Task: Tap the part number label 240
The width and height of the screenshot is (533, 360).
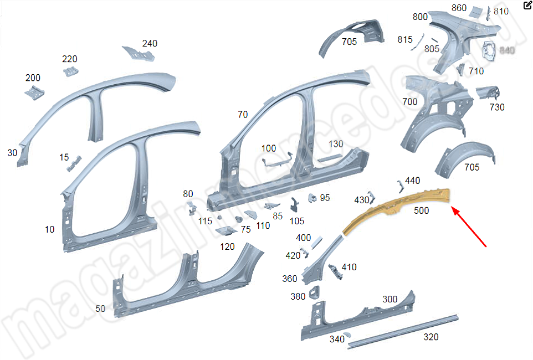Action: [x=150, y=44]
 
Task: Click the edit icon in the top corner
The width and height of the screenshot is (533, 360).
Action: [x=527, y=6]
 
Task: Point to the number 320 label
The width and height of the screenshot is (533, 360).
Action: [x=430, y=337]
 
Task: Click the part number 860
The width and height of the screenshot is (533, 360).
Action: [x=459, y=8]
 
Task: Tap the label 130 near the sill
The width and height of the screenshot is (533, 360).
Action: [x=336, y=144]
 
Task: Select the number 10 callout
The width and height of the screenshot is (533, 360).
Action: [x=50, y=229]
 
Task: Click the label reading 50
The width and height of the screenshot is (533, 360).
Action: [x=100, y=308]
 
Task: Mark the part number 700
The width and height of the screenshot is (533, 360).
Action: [x=410, y=101]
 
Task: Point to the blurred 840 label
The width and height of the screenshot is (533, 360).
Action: [x=507, y=50]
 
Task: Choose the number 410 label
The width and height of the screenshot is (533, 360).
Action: [x=349, y=267]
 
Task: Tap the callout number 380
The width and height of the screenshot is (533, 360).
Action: [x=298, y=296]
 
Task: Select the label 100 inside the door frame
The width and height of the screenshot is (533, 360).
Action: [x=268, y=148]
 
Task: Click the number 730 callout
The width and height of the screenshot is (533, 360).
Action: [x=497, y=107]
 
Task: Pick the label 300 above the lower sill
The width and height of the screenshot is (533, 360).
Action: [x=390, y=299]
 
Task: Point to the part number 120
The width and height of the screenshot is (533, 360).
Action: [x=227, y=246]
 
